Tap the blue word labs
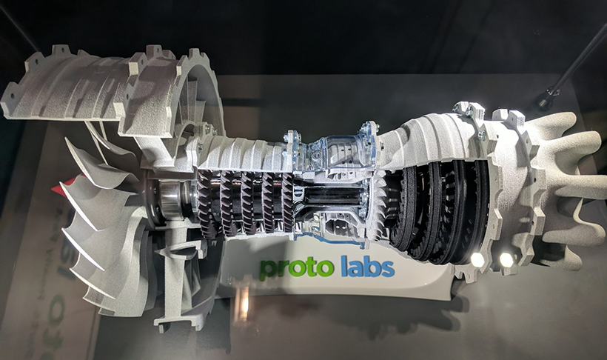tap(363, 265)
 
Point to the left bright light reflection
tap(477, 259)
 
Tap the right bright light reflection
tap(506, 260)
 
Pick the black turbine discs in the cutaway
tap(437, 211)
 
